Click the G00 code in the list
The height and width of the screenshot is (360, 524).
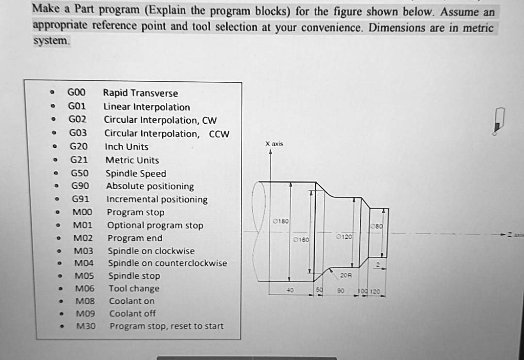pyautogui.click(x=76, y=93)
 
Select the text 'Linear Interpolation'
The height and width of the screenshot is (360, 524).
pyautogui.click(x=146, y=107)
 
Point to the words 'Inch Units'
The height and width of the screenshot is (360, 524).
pyautogui.click(x=126, y=147)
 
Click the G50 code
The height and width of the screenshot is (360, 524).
pyautogui.click(x=79, y=173)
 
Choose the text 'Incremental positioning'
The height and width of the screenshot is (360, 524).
pyautogui.click(x=157, y=199)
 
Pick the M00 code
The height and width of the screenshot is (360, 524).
pyautogui.click(x=82, y=212)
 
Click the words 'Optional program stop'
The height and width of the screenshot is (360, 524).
pyautogui.click(x=155, y=226)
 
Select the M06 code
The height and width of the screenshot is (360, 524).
pyautogui.click(x=84, y=288)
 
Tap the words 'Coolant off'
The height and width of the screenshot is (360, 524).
pyautogui.click(x=133, y=313)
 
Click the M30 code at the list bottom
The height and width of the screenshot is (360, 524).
pyautogui.click(x=86, y=326)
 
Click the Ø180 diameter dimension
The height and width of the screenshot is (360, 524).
pyautogui.click(x=281, y=221)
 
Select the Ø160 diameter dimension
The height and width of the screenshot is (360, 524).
pyautogui.click(x=301, y=239)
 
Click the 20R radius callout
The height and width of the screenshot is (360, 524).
pyautogui.click(x=346, y=275)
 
